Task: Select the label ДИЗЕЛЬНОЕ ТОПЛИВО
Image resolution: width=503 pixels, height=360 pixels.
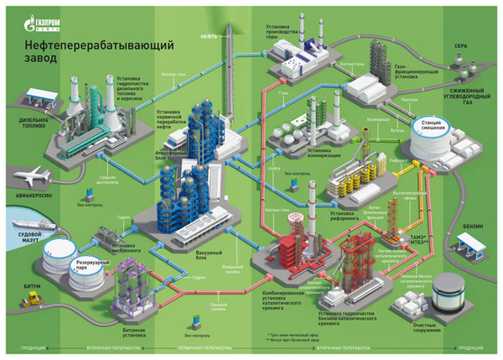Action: tap(27, 148)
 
